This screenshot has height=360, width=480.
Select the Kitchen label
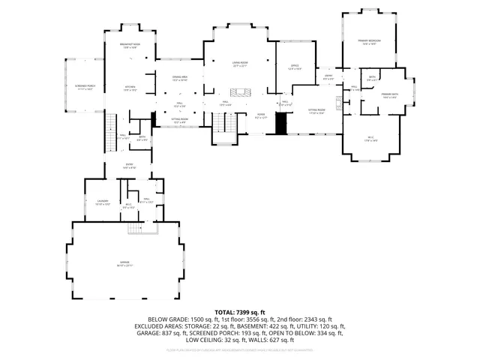tap(130, 88)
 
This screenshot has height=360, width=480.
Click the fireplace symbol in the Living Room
tap(241, 92)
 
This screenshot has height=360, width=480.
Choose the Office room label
tap(295, 67)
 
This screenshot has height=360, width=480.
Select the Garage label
tap(124, 263)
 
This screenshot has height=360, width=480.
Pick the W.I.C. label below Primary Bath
tap(370, 138)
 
